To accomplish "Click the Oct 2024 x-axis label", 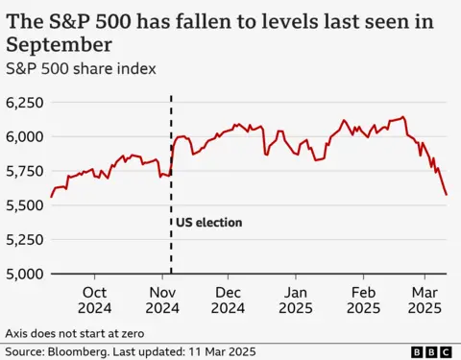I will [x=95, y=300].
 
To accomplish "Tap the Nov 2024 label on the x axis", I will [x=162, y=300].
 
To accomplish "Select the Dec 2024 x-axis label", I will [x=228, y=300].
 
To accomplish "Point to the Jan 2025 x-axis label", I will [x=296, y=300].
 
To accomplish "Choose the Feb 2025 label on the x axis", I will [x=363, y=300].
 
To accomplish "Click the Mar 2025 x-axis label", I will [x=424, y=300].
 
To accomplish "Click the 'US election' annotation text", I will [x=208, y=223].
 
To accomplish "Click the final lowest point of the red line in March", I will [x=445, y=195].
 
